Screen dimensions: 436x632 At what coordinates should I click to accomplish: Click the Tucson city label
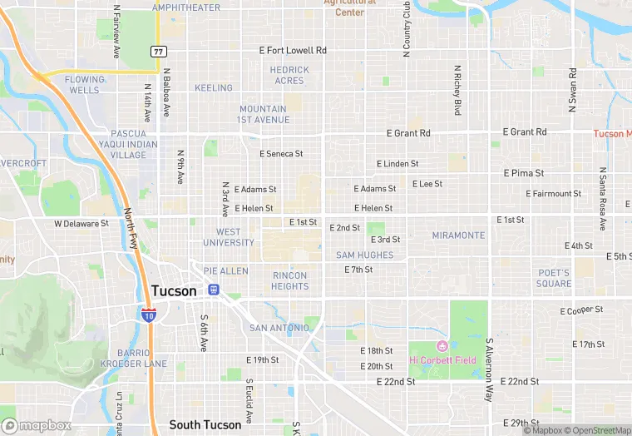coord(175,291)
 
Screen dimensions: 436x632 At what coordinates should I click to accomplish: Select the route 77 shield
coord(158,52)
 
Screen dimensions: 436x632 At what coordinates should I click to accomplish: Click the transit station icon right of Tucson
coord(214,290)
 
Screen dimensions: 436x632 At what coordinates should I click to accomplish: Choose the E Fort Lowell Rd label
coord(293,51)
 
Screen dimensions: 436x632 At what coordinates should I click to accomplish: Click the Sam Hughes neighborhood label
coord(365,255)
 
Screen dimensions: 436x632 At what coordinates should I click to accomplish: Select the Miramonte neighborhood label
coord(458,235)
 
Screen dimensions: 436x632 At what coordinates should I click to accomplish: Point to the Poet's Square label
coord(553,278)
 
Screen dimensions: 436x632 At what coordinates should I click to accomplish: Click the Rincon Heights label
coord(289,281)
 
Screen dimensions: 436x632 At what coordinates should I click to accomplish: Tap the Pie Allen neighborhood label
coord(225,271)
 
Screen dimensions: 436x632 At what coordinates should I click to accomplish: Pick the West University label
coord(235,237)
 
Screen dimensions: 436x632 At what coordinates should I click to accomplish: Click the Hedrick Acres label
coord(289,75)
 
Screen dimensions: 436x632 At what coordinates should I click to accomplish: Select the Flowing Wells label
coord(86,85)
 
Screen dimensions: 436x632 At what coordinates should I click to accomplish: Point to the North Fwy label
coord(131,229)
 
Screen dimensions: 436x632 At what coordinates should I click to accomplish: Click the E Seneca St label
coord(281,154)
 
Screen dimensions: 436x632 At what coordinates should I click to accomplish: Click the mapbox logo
coord(37,425)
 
